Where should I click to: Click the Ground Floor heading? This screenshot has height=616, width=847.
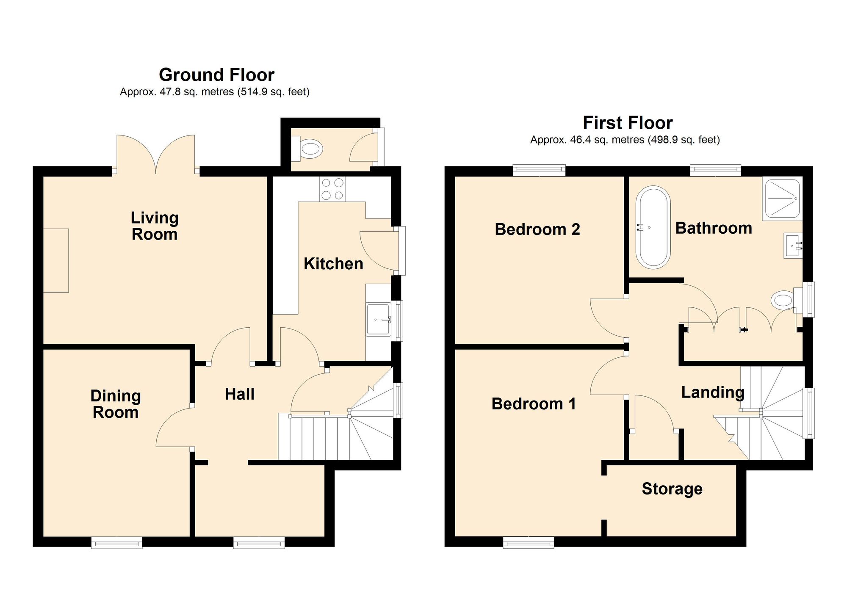tap(216, 75)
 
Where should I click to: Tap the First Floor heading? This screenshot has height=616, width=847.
tap(628, 123)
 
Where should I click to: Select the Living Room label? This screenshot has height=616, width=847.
tap(155, 226)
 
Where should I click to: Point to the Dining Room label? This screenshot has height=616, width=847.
tap(116, 404)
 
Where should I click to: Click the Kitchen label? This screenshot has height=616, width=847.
tap(333, 264)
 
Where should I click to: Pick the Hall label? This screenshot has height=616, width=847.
tap(240, 394)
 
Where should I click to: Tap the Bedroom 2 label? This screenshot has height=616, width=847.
tap(537, 229)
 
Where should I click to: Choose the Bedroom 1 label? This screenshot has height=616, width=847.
tap(534, 404)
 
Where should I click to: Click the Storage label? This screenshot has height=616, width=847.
tap(672, 489)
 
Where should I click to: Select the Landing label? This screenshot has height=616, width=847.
tap(713, 392)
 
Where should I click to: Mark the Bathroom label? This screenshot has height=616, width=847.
tap(714, 228)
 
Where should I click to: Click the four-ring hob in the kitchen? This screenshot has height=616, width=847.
tap(332, 189)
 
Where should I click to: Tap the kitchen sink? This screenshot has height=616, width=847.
tap(378, 319)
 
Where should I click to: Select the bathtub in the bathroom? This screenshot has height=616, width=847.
tap(653, 228)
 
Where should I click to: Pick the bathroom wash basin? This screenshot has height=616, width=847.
tap(793, 246)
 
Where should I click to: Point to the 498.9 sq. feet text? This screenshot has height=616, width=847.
tap(684, 140)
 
